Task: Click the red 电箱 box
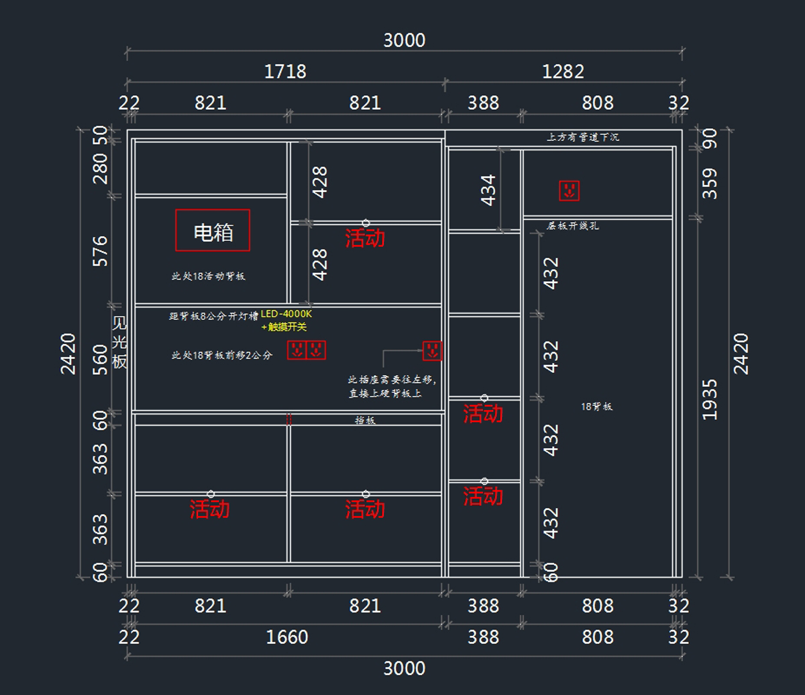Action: tap(213, 230)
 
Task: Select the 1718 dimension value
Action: tap(286, 71)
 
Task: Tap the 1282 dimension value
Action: tap(563, 71)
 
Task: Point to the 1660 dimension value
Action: tap(288, 637)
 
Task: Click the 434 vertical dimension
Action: tap(488, 190)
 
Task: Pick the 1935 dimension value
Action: tap(710, 400)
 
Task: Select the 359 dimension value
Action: tap(710, 183)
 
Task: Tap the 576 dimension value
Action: tap(100, 250)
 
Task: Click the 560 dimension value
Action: tap(100, 360)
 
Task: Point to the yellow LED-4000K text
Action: tap(287, 314)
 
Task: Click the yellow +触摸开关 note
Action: tap(284, 327)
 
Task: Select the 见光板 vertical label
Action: tap(119, 342)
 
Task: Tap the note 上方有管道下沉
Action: tap(583, 138)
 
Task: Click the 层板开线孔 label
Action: tap(573, 226)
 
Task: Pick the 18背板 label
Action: tap(597, 407)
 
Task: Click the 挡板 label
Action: tap(365, 421)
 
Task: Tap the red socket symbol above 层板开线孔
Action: tap(569, 191)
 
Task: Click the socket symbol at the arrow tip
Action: tap(432, 350)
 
